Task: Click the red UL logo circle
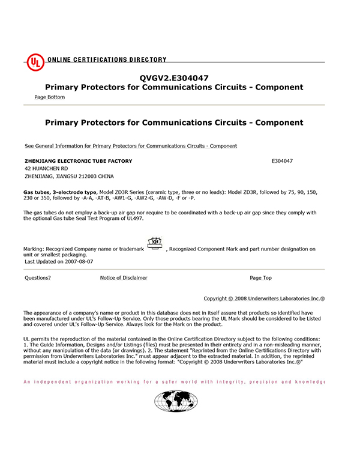[35, 62]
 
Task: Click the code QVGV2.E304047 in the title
[174, 77]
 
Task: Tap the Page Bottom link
[50, 97]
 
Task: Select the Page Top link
[260, 278]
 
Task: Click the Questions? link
[38, 278]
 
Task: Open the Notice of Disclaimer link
[124, 278]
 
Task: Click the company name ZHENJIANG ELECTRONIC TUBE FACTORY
[79, 162]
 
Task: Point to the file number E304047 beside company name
[282, 162]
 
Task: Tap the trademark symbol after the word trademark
[155, 244]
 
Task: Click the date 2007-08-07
[80, 262]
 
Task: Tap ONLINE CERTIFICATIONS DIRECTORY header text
[107, 60]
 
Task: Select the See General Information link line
[131, 146]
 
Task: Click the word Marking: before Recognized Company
[35, 249]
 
